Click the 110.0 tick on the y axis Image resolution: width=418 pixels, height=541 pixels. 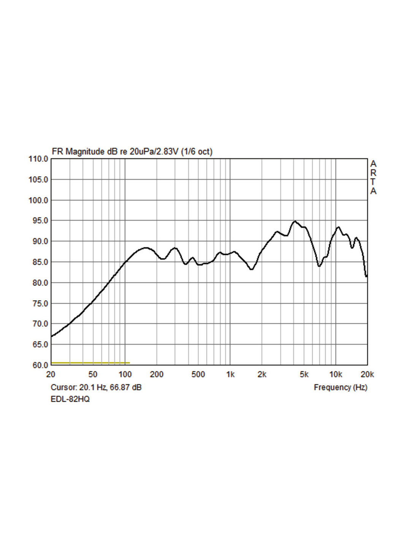click(x=38, y=159)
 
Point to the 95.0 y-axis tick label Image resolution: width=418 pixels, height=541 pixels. click(x=38, y=221)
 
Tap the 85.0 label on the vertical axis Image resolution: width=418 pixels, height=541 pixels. click(x=38, y=262)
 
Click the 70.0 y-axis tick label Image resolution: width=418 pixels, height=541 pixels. click(x=38, y=324)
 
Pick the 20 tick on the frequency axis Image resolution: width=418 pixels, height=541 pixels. click(x=51, y=374)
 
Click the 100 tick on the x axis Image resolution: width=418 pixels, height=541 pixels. click(x=125, y=374)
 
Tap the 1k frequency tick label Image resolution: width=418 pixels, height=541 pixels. click(x=230, y=374)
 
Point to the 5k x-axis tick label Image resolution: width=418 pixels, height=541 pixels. click(x=304, y=374)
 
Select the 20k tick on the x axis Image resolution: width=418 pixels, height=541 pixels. click(x=367, y=374)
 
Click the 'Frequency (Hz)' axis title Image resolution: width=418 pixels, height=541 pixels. click(x=340, y=387)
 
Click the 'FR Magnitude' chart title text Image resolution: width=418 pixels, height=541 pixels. click(x=78, y=151)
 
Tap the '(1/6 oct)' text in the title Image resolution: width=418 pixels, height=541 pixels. click(x=197, y=151)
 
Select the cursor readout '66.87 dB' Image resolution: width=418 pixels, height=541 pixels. click(x=126, y=387)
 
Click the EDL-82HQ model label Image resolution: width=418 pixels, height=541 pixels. click(x=70, y=399)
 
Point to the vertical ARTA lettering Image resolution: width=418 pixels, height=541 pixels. click(x=373, y=177)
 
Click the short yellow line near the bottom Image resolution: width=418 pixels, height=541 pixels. click(x=90, y=363)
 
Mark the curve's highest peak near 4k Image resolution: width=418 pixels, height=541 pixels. click(x=294, y=221)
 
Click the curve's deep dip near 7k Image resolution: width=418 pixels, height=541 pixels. click(x=319, y=266)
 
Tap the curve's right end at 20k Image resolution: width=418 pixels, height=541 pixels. click(x=366, y=276)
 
